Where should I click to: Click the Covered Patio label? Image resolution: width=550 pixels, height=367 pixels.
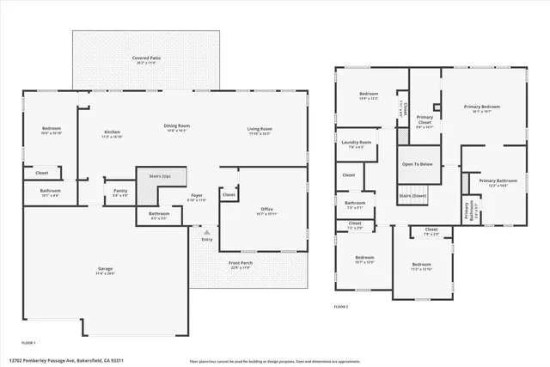tap(146, 58)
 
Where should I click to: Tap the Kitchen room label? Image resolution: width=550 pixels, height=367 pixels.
tap(112, 132)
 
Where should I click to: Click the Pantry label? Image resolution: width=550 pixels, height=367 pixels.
tap(119, 191)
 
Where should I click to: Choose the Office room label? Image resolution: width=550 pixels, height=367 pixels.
tap(267, 209)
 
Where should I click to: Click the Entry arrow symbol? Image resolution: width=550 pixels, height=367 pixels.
tap(205, 231)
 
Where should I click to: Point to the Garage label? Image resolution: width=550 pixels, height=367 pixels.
tap(104, 269)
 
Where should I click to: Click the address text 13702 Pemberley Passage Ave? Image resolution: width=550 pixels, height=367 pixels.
tap(60, 361)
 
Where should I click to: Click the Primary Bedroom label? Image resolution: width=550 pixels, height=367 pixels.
tap(482, 107)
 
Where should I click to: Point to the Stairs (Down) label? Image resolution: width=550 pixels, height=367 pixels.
tap(413, 196)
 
